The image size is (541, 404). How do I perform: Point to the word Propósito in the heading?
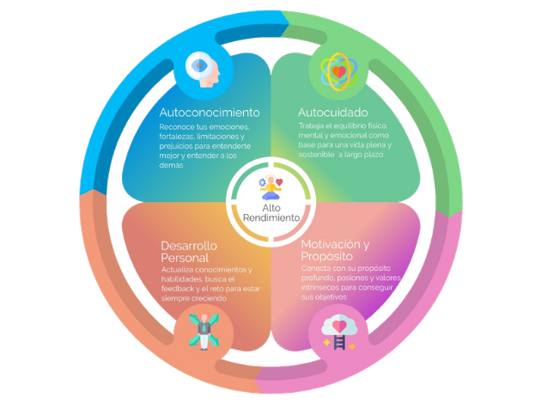(328, 257)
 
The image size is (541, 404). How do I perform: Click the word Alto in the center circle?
(270, 206)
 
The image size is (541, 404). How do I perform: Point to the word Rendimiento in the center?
(270, 218)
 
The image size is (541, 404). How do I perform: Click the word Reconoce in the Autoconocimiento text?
(176, 128)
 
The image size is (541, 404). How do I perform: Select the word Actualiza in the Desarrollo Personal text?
(179, 270)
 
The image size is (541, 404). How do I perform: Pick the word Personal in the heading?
(185, 259)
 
